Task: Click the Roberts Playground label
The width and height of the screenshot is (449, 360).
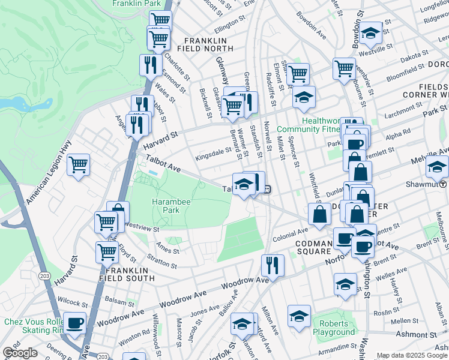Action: coord(333,327)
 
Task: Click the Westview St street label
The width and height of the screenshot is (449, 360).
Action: coord(142,229)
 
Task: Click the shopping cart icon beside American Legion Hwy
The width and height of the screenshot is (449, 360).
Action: coord(78,164)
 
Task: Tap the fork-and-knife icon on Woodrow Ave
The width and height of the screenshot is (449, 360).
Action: coord(273,265)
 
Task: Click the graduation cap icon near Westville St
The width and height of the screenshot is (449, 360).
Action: coord(371,33)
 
